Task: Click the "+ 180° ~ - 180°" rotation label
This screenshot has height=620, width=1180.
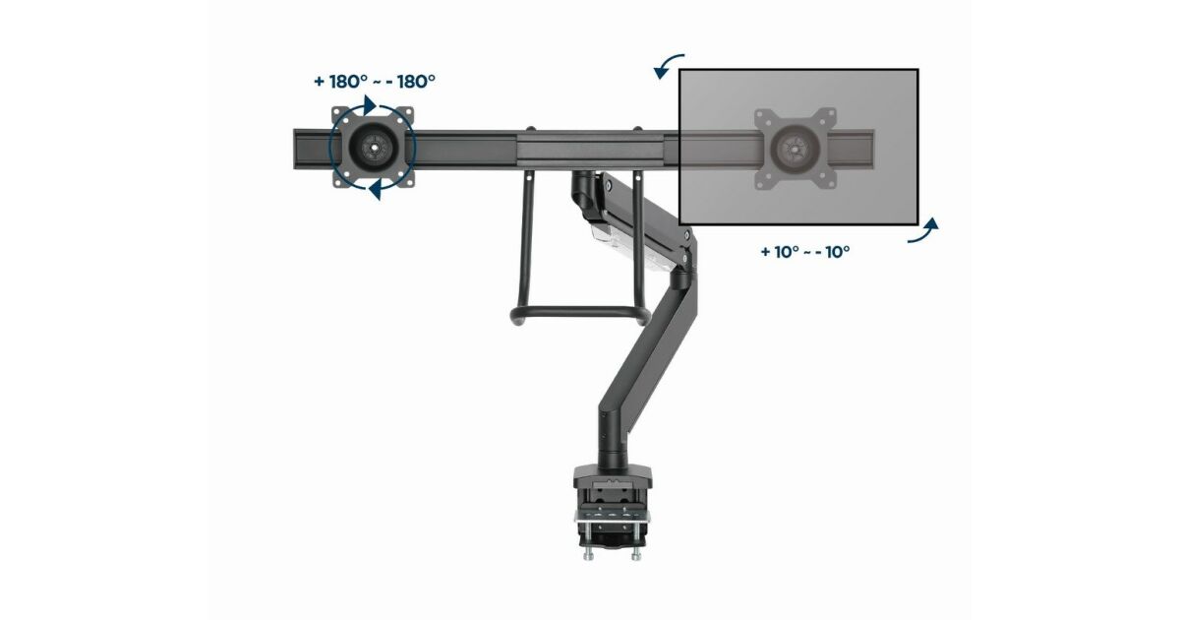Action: (x=375, y=82)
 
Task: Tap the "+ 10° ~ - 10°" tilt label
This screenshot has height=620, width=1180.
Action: (x=805, y=252)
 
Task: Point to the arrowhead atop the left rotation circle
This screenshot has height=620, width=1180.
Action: (x=370, y=105)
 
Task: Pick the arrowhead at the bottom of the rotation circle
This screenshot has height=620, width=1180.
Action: (x=375, y=190)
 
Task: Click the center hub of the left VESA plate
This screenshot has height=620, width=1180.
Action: (x=374, y=149)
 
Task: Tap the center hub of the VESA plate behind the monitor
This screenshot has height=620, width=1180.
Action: (x=795, y=149)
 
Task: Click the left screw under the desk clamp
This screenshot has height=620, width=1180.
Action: (x=588, y=553)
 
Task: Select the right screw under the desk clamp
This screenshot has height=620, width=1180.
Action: (x=636, y=553)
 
